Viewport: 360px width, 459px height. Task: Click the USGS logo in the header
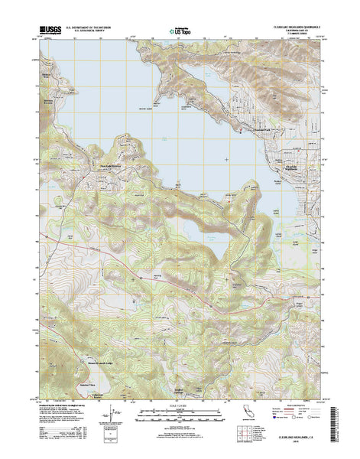tap(47, 30)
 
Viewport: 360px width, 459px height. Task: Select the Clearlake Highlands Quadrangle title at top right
tap(295, 25)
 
